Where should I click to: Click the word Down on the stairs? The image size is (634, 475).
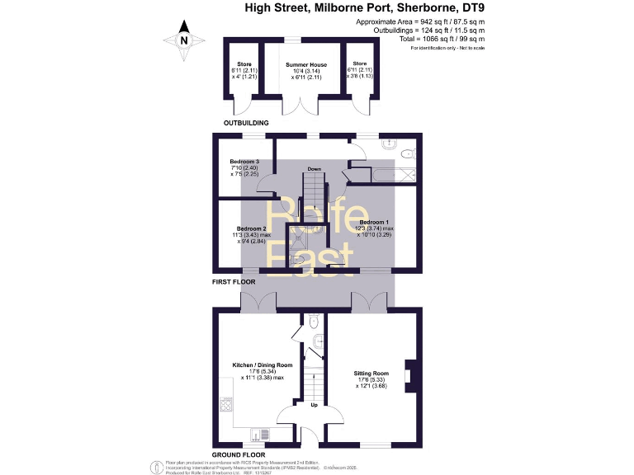(314, 169)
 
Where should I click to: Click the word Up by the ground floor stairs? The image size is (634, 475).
(314, 405)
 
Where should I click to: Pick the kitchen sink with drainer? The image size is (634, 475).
(259, 434)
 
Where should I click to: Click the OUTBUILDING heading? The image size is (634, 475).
(248, 123)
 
